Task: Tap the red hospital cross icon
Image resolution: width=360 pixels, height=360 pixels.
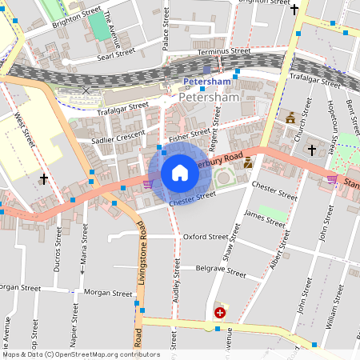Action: [x=219, y=313]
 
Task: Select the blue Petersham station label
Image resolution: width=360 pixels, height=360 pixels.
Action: [x=206, y=82]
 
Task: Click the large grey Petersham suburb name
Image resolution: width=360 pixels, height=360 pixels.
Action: [x=210, y=98]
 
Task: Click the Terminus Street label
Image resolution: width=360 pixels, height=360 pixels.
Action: [x=224, y=50]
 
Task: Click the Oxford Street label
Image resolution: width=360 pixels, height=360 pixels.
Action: [x=206, y=237]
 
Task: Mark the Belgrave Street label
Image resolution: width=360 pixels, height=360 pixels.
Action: [x=220, y=271]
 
